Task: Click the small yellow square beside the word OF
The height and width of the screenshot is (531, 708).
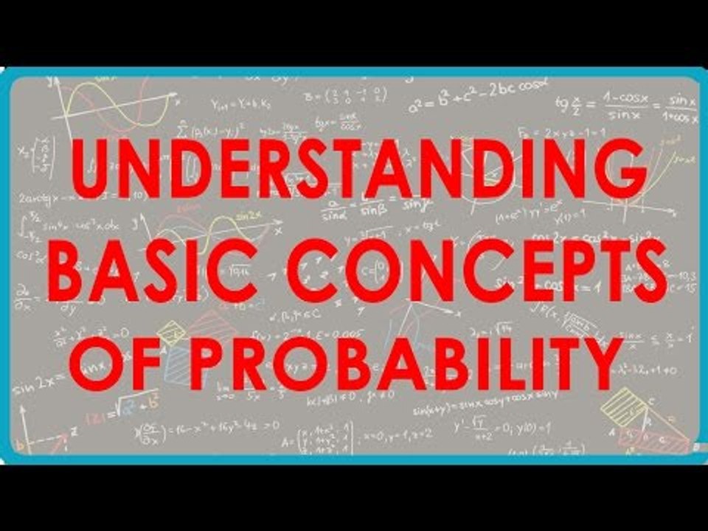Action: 172,334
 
